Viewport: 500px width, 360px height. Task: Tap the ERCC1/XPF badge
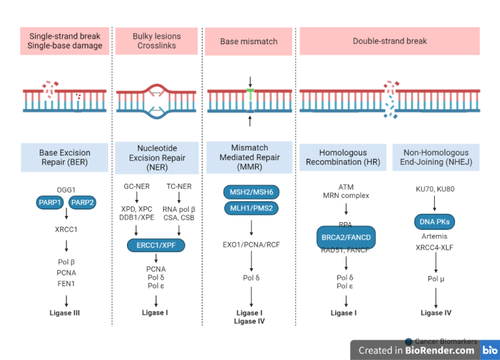click(156, 245)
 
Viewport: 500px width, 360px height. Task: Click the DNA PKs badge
click(435, 222)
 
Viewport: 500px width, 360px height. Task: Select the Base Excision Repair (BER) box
click(64, 158)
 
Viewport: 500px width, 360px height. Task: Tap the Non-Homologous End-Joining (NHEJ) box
click(436, 158)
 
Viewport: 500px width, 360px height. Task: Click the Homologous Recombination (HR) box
click(343, 158)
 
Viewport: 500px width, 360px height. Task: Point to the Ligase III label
click(64, 312)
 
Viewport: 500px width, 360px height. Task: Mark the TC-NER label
click(178, 186)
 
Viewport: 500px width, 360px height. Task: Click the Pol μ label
click(436, 279)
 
